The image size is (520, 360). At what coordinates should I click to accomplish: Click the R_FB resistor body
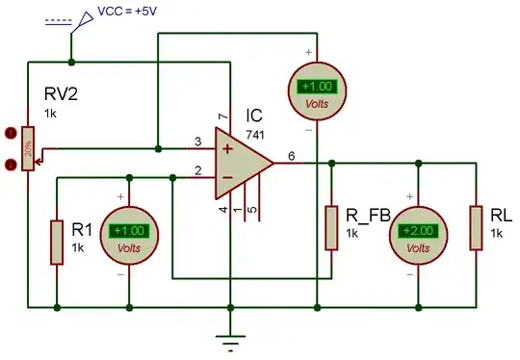pyautogui.click(x=330, y=227)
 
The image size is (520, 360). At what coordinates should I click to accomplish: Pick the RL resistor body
pyautogui.click(x=475, y=227)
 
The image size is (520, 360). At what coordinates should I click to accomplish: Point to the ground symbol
pyautogui.click(x=229, y=338)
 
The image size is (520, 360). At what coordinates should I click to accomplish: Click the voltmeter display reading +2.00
pyautogui.click(x=417, y=230)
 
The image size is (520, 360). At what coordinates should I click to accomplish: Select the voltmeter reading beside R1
pyautogui.click(x=129, y=231)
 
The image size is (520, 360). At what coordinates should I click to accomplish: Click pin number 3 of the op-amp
pyautogui.click(x=197, y=141)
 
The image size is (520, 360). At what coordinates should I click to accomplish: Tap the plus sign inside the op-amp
pyautogui.click(x=227, y=149)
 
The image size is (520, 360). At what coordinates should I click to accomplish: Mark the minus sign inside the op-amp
pyautogui.click(x=227, y=177)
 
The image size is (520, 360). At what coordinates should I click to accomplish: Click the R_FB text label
pyautogui.click(x=368, y=217)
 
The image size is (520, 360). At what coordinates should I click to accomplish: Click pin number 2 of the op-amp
pyautogui.click(x=197, y=170)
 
